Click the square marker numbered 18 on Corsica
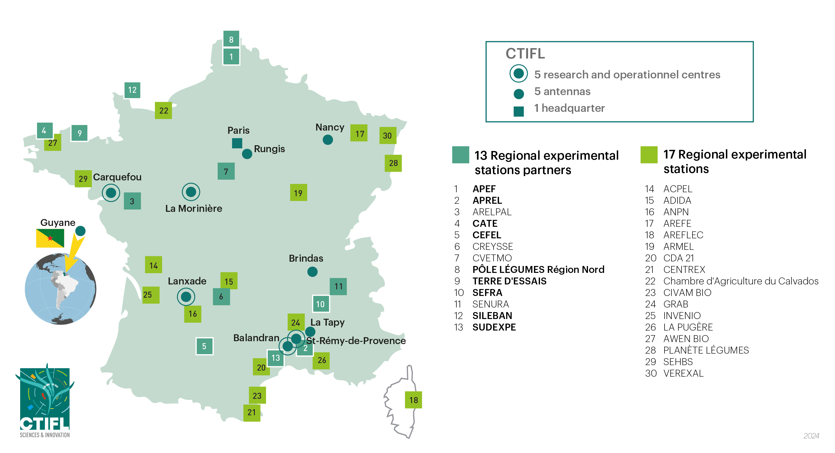pyautogui.click(x=413, y=400)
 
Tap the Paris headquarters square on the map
pyautogui.click(x=237, y=143)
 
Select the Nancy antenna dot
pyautogui.click(x=328, y=140)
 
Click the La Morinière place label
pyautogui.click(x=193, y=208)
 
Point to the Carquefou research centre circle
pyautogui.click(x=111, y=193)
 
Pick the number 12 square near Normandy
pyautogui.click(x=132, y=90)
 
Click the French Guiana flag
pyautogui.click(x=50, y=238)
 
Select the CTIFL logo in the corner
pyautogui.click(x=45, y=401)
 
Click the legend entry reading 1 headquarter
pyautogui.click(x=569, y=108)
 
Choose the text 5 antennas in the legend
pyautogui.click(x=562, y=92)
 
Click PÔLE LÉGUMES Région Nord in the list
pyautogui.click(x=538, y=269)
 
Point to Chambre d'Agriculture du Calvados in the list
pyautogui.click(x=741, y=281)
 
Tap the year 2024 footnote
pyautogui.click(x=811, y=436)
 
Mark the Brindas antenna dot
pyautogui.click(x=312, y=272)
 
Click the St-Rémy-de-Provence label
pyautogui.click(x=356, y=341)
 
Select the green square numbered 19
pyautogui.click(x=298, y=193)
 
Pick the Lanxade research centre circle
pyautogui.click(x=186, y=297)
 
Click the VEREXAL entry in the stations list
pyautogui.click(x=683, y=373)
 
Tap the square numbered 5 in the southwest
pyautogui.click(x=204, y=346)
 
